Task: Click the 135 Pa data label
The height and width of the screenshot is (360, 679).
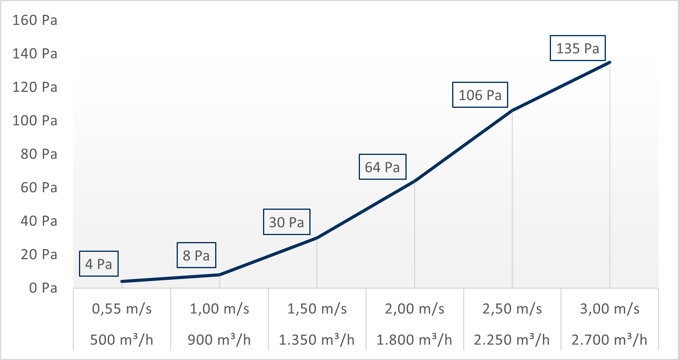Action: (577, 48)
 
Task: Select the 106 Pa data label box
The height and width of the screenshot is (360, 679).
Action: (480, 95)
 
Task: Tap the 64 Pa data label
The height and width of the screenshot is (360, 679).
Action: (382, 167)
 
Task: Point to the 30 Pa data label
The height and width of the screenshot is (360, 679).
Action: (286, 222)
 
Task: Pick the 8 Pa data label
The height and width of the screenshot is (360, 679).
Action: (196, 256)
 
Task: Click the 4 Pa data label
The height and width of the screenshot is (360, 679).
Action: (98, 264)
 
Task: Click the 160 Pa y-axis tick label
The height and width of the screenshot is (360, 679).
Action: (35, 20)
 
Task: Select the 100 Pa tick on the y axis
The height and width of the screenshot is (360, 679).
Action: (35, 121)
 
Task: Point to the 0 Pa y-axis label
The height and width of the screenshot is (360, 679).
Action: (43, 288)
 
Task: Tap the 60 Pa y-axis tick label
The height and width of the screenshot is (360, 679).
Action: (39, 188)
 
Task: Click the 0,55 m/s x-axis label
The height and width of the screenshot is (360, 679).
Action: (122, 309)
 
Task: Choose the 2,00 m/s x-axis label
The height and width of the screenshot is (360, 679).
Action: (414, 309)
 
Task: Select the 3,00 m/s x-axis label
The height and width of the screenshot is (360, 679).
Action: (609, 309)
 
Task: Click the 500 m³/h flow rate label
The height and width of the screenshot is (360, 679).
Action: (122, 340)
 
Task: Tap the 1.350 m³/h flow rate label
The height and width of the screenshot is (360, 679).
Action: (317, 340)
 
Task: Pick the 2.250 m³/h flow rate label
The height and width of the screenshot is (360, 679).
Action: (512, 340)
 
